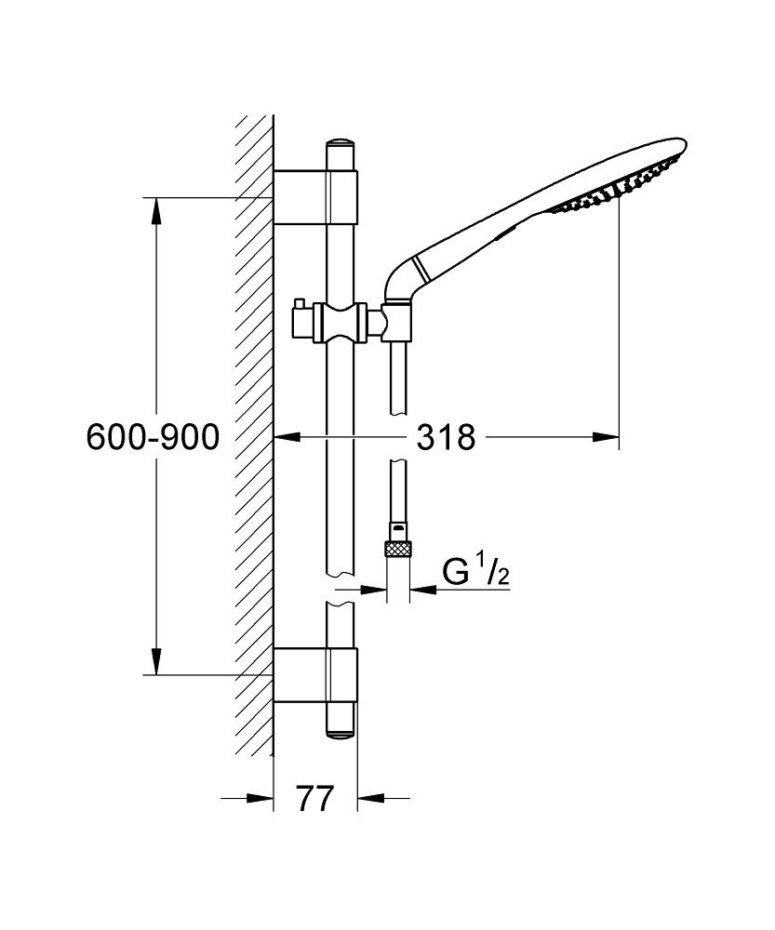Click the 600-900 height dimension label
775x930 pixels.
tap(153, 438)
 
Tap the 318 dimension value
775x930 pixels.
tap(446, 438)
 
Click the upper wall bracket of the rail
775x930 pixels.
tap(315, 197)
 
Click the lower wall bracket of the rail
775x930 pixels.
tap(315, 675)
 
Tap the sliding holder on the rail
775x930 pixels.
tap(341, 324)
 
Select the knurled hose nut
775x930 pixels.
tap(398, 548)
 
